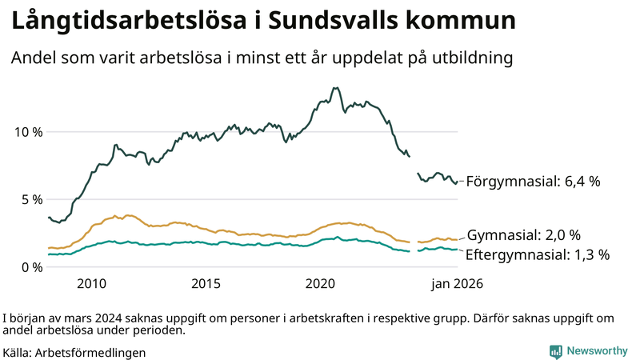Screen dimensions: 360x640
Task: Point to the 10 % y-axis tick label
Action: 27,131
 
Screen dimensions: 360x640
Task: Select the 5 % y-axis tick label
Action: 30,199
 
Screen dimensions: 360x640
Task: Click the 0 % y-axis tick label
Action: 30,267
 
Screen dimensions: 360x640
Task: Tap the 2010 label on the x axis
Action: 91,283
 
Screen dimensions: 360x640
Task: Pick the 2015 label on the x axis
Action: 206,283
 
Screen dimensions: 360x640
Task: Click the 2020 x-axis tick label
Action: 320,283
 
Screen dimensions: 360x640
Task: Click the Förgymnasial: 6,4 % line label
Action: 533,182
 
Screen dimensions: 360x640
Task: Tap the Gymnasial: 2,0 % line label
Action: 523,235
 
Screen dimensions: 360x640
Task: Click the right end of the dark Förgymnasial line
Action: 456,182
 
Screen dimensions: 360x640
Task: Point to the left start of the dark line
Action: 49,217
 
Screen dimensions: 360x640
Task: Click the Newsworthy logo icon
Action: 555,351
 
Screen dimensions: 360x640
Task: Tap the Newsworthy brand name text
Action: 597,351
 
